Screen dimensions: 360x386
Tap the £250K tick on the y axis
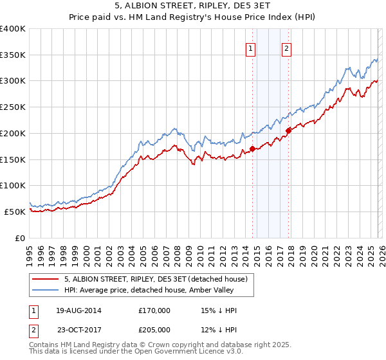click(x=13, y=107)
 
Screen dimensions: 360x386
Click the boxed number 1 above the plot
click(x=250, y=47)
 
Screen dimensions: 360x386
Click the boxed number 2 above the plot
click(x=286, y=47)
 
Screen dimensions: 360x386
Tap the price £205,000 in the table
click(x=154, y=330)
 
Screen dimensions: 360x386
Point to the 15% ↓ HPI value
click(x=219, y=310)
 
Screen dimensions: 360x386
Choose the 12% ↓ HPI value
click(x=219, y=330)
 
